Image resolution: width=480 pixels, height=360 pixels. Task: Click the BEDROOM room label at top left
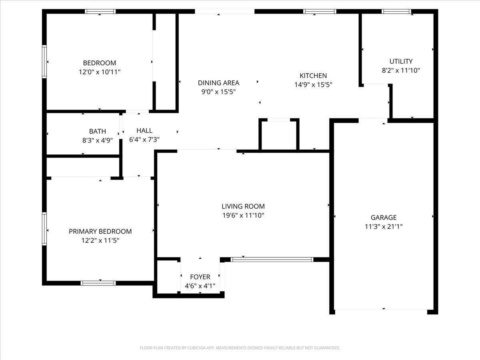tap(99, 63)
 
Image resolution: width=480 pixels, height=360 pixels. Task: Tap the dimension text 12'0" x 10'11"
tap(99, 72)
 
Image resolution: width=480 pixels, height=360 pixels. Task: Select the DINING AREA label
tap(218, 83)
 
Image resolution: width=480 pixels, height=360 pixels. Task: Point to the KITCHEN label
tap(313, 76)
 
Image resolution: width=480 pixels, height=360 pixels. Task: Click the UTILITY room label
tap(401, 61)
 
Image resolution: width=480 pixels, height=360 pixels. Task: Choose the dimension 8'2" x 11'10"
tap(401, 70)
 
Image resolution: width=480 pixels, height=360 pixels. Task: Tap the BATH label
tap(98, 131)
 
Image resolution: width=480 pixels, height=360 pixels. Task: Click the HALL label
tap(144, 130)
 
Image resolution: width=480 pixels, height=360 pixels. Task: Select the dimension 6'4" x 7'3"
tap(144, 140)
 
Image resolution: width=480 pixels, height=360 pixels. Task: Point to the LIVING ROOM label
tap(243, 206)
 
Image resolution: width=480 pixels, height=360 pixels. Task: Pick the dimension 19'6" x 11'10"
tap(243, 216)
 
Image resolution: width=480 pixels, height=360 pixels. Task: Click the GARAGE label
tap(384, 218)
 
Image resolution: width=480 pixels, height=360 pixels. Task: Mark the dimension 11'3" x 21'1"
tap(384, 227)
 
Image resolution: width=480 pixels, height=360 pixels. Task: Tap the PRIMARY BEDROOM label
tap(100, 231)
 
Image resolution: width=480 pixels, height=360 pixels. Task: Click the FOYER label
tap(200, 277)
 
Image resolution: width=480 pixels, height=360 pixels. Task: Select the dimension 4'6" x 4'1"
tap(200, 286)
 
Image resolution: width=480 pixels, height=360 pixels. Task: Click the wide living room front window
tap(272, 260)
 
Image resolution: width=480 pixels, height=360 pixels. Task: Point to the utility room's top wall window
tap(396, 12)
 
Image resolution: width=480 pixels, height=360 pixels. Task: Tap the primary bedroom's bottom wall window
tap(98, 283)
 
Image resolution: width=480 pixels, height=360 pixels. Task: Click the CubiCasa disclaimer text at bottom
tap(240, 348)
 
